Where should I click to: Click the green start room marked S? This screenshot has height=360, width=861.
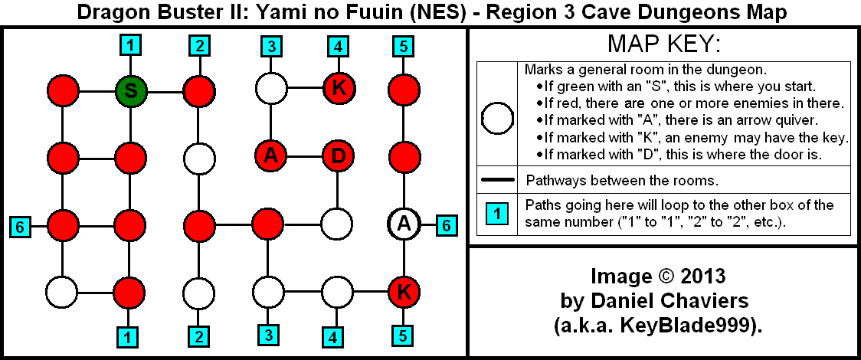click(x=131, y=90)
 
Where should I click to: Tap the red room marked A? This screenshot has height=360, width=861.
click(x=269, y=157)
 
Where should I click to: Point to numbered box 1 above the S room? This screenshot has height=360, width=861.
click(x=131, y=46)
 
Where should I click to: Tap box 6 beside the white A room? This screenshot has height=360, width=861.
click(x=447, y=225)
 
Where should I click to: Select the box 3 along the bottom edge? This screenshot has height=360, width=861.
click(x=269, y=335)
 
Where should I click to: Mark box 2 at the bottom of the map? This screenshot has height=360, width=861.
click(x=199, y=335)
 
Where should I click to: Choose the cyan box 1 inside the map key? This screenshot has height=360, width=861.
click(x=496, y=214)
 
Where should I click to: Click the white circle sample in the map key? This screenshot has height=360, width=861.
click(x=496, y=119)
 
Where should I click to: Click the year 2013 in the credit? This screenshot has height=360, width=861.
click(x=699, y=275)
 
